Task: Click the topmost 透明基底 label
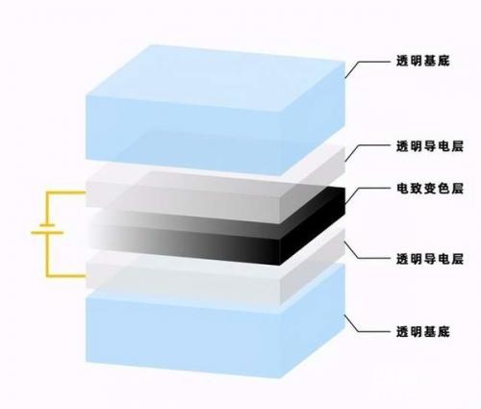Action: [423, 61]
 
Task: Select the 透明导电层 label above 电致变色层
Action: [430, 146]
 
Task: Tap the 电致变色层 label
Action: [430, 189]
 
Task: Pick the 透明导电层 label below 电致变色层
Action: [430, 259]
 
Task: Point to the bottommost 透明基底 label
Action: [423, 332]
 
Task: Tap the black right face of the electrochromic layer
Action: [313, 226]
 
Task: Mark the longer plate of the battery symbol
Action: [47, 232]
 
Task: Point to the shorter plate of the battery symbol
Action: [47, 225]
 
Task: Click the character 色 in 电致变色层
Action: [443, 189]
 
